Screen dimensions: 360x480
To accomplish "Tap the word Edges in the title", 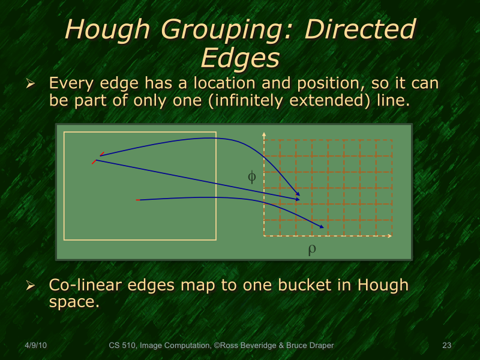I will click(x=240, y=58).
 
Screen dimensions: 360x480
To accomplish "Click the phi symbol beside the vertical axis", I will click(x=252, y=176).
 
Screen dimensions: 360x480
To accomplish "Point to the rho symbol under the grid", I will click(x=311, y=249).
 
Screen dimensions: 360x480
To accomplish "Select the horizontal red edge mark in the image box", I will click(x=139, y=200).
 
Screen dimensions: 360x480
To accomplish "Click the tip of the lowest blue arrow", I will click(x=323, y=227).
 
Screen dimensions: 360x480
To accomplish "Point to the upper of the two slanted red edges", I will click(x=102, y=154).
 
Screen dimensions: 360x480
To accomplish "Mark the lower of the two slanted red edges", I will click(x=94, y=161).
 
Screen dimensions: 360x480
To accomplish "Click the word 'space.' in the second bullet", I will click(x=73, y=301).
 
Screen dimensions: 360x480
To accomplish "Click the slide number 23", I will click(x=446, y=346).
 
